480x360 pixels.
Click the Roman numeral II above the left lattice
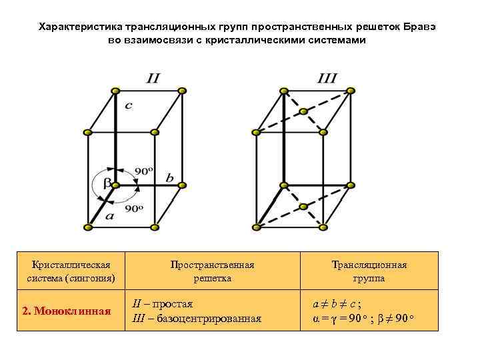point(153,78)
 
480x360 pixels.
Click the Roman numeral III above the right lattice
point(327,78)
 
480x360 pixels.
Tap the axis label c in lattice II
point(129,105)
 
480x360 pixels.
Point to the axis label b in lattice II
point(169,178)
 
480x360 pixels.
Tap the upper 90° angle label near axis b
point(144,171)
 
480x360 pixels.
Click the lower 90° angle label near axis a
point(134,209)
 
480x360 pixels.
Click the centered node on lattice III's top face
point(303,111)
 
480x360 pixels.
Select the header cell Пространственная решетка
point(212,271)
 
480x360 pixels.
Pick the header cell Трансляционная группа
point(369,271)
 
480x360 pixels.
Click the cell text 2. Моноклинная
point(66,311)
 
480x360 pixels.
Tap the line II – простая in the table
point(163,303)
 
